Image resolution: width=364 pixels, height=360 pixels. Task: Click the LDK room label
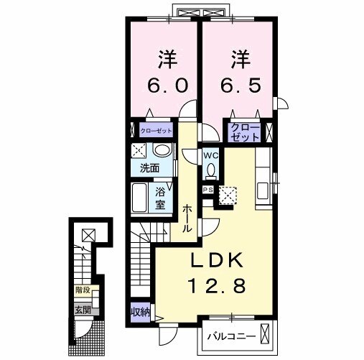click(217, 262)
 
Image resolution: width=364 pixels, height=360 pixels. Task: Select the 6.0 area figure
click(167, 86)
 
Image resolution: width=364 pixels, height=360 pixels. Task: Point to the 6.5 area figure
click(240, 86)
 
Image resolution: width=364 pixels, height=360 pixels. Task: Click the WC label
click(211, 155)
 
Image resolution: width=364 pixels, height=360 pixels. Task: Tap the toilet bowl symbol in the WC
click(211, 171)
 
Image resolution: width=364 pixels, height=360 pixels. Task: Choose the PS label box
click(207, 190)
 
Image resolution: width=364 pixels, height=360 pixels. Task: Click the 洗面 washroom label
click(149, 168)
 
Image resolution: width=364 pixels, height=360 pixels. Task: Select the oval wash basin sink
click(162, 150)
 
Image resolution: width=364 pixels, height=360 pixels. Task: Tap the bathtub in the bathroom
click(139, 198)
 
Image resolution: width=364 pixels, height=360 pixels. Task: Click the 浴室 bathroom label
click(160, 198)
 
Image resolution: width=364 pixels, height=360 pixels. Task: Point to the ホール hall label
click(187, 218)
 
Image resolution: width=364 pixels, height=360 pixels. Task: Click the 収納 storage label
click(141, 312)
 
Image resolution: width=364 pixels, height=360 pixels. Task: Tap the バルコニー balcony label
click(231, 336)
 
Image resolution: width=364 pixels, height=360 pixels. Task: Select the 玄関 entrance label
click(83, 310)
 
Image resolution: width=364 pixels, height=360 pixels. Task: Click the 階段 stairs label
click(83, 290)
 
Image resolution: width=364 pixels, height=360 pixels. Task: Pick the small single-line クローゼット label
click(156, 131)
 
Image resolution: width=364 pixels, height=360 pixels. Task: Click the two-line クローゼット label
click(246, 132)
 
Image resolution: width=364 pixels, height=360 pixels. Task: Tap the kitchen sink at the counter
click(263, 190)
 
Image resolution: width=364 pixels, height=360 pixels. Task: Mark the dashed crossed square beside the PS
click(228, 195)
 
